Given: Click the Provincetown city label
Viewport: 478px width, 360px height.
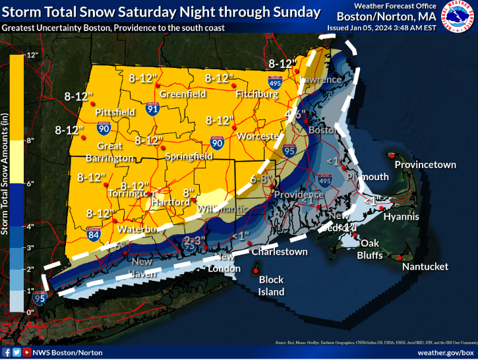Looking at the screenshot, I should click(425, 164).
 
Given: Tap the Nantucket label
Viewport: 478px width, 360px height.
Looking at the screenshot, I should click(426, 266).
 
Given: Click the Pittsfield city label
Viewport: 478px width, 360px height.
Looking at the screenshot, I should click(115, 113).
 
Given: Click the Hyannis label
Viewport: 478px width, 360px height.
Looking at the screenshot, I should click(402, 216).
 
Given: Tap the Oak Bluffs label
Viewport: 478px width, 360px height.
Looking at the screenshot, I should click(370, 249).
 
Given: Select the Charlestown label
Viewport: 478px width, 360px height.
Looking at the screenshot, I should click(279, 252).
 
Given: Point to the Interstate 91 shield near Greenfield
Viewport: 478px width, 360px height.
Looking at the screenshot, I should click(152, 110).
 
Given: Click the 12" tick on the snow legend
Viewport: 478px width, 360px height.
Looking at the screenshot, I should click(31, 55).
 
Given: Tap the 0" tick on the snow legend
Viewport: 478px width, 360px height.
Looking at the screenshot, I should click(30, 311).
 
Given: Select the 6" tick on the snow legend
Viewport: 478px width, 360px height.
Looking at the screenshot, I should click(30, 183).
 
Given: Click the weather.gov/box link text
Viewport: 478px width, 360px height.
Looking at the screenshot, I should click(445, 353).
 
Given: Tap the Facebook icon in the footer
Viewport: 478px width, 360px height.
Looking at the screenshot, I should click(7, 353).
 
